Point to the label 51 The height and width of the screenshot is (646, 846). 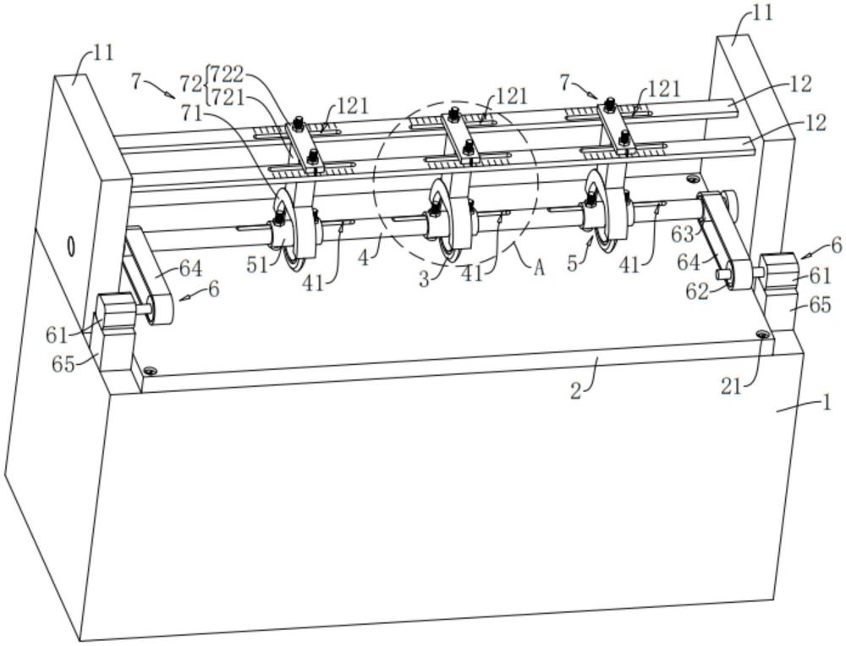click(256, 264)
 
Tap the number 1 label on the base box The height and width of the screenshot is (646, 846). click(827, 402)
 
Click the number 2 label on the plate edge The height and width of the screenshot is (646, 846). click(576, 391)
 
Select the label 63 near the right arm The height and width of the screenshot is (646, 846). click(683, 234)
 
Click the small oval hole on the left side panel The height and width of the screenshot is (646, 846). click(71, 246)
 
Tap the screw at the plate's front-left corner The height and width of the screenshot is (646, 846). click(150, 371)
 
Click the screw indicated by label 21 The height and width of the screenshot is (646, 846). click(763, 335)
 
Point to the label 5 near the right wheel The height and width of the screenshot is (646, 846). click(573, 264)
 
